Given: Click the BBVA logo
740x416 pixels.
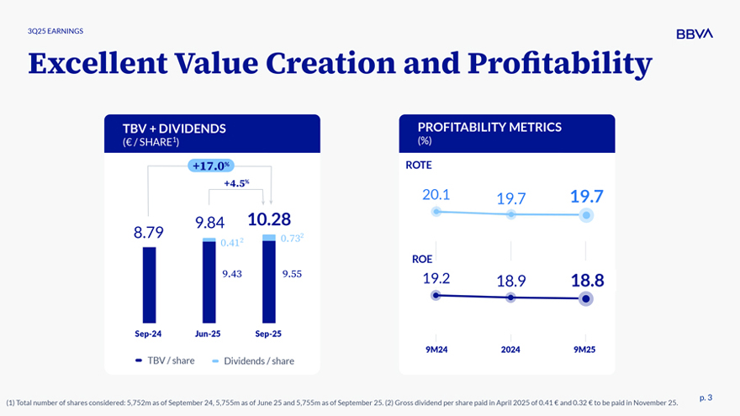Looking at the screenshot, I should click(694, 34).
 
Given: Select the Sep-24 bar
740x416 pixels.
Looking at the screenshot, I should click(149, 285).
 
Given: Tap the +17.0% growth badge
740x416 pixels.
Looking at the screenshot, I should click(211, 166).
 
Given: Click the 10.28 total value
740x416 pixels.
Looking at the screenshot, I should click(269, 220).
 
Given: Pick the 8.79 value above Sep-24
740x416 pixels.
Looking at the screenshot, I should click(149, 232).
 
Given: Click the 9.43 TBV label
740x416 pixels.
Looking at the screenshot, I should click(232, 273).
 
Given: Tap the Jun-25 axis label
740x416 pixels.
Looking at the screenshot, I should click(208, 334).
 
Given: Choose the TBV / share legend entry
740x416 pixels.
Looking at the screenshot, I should click(166, 361).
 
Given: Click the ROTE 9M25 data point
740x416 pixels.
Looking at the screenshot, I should click(586, 215).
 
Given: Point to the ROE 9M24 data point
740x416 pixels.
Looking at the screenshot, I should click(436, 295).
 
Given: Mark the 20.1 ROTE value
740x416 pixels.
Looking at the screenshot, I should click(436, 194).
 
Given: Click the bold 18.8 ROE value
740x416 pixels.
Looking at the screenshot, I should click(586, 281).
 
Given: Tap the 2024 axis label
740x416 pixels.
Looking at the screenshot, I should click(510, 349).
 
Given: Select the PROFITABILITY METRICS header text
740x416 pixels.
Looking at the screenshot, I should click(489, 128).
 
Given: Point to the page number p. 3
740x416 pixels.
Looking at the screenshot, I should click(706, 397).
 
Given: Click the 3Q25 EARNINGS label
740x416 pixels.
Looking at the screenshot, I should click(55, 31).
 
